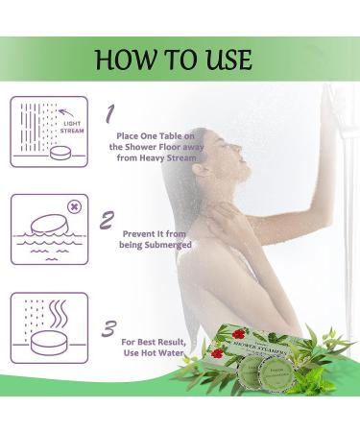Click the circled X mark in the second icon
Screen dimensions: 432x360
(73, 205)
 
